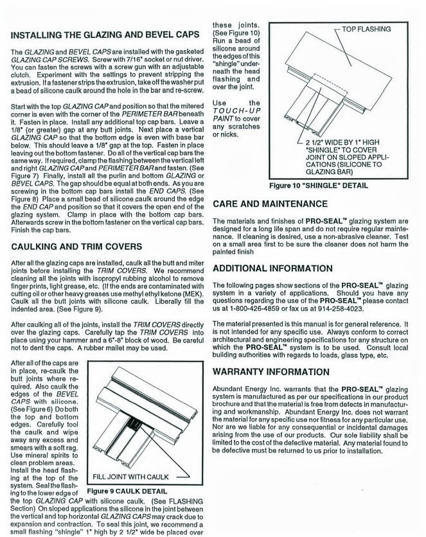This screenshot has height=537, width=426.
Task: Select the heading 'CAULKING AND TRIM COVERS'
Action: click(76, 246)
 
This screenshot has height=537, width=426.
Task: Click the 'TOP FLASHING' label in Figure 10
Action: click(368, 30)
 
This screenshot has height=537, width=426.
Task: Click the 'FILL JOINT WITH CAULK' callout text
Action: click(130, 477)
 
